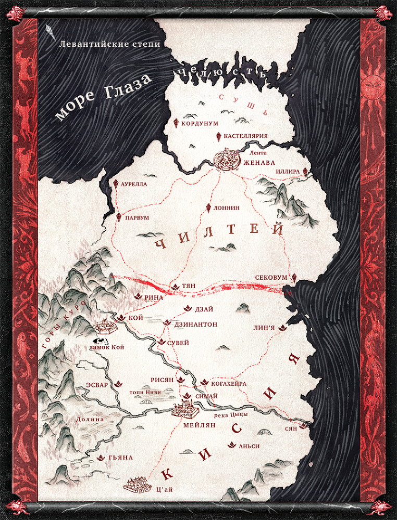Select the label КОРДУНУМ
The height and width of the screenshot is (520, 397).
point(200,124)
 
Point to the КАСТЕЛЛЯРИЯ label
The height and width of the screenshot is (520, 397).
point(245,136)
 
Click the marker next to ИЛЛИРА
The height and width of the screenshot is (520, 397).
point(306,171)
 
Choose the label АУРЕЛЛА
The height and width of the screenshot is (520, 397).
point(134,184)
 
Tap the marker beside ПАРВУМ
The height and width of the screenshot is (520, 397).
point(119,217)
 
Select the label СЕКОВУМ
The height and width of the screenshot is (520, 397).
point(271,278)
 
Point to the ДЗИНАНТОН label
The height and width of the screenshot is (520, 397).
point(196,324)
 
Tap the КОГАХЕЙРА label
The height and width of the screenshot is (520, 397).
point(229,384)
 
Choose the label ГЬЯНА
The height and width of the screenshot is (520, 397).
point(121,458)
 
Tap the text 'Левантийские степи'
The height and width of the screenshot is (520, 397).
point(109,44)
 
